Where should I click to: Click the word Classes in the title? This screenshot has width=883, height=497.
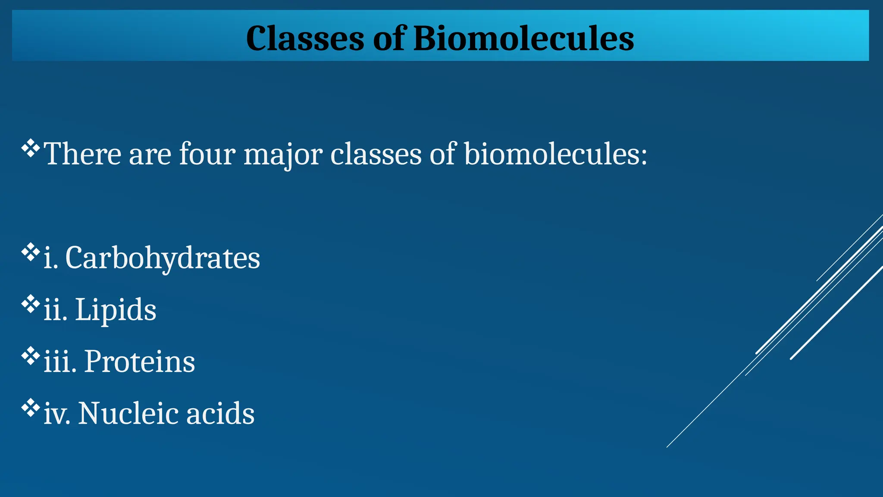click(305, 38)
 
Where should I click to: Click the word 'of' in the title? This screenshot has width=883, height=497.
click(389, 38)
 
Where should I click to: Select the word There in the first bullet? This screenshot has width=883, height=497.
click(82, 154)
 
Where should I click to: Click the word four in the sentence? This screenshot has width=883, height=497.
click(207, 154)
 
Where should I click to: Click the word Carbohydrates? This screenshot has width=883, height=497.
click(163, 258)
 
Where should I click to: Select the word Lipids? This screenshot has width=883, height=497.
click(116, 310)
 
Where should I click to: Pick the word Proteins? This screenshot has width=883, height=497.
click(139, 362)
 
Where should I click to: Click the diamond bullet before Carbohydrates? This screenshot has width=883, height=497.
click(31, 252)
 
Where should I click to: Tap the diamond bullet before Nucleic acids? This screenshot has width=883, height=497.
click(31, 408)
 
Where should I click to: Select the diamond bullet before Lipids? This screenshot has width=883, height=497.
click(31, 304)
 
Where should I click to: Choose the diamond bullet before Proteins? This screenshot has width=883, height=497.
click(31, 356)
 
